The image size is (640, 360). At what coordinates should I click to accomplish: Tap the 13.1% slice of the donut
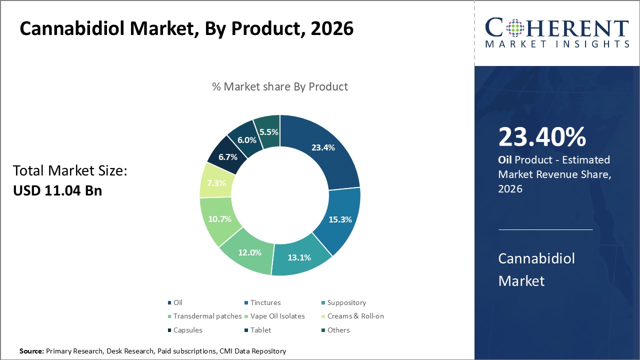coord(299,257)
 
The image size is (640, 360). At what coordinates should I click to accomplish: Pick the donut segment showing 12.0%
coord(250,252)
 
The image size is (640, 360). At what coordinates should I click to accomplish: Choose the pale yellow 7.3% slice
coord(216,182)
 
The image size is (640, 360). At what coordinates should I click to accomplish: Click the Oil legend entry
coord(177,302)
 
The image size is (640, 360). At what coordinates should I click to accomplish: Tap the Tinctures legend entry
coord(265,302)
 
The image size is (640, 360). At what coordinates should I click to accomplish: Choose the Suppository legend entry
coord(346,302)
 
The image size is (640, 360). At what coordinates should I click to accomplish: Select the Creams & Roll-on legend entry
coord(355,316)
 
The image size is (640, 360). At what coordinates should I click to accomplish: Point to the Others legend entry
coord(338,330)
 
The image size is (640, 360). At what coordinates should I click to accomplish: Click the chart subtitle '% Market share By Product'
coord(279,86)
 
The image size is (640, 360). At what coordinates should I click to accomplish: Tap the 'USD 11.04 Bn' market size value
coord(57,190)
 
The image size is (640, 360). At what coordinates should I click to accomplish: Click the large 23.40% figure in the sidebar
coord(542,137)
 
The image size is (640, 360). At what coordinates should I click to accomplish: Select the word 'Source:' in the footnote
coord(31,351)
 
